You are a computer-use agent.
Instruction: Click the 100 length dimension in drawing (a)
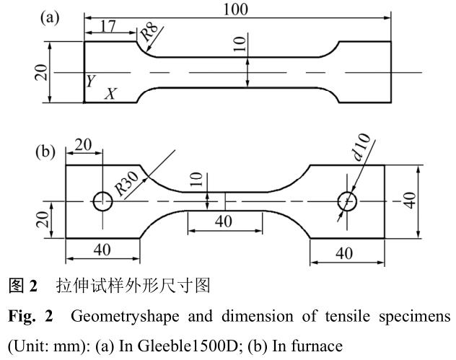tap(236, 9)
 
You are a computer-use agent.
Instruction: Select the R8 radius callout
tap(149, 32)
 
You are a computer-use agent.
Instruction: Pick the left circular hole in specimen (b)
tap(102, 201)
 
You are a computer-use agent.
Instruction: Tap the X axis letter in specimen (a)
tap(110, 94)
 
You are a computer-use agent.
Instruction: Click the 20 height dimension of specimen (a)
tap(43, 72)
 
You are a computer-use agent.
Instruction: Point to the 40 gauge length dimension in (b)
tap(224, 221)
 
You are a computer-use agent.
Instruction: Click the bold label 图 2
tap(23, 286)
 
